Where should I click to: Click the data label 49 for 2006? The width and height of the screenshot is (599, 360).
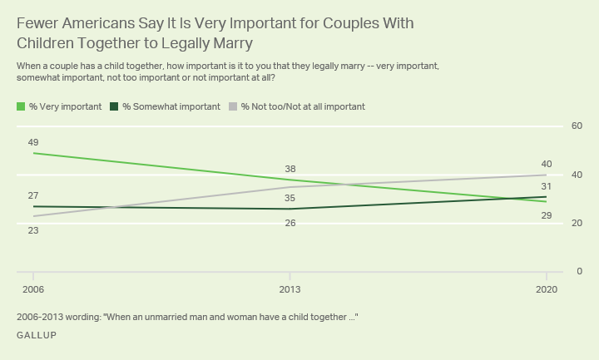(x=33, y=142)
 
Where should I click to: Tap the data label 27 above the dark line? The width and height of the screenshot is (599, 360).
(x=33, y=195)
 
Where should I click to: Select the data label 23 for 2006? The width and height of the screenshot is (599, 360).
(x=33, y=230)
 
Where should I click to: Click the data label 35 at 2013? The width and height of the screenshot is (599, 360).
(x=290, y=198)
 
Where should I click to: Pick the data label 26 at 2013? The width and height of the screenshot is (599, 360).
(x=290, y=223)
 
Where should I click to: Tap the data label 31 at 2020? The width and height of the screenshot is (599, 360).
(x=546, y=186)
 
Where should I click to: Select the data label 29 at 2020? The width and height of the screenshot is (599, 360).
(x=546, y=215)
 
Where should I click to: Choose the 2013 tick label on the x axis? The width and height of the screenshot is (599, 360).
(x=290, y=290)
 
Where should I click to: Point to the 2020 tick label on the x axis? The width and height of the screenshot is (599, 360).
(x=545, y=290)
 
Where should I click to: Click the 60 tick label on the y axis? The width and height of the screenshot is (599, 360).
(x=577, y=126)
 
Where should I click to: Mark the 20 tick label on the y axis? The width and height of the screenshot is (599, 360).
(x=577, y=224)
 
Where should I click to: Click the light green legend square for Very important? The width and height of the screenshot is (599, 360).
(x=21, y=107)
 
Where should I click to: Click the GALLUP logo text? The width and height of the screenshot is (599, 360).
(x=37, y=335)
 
